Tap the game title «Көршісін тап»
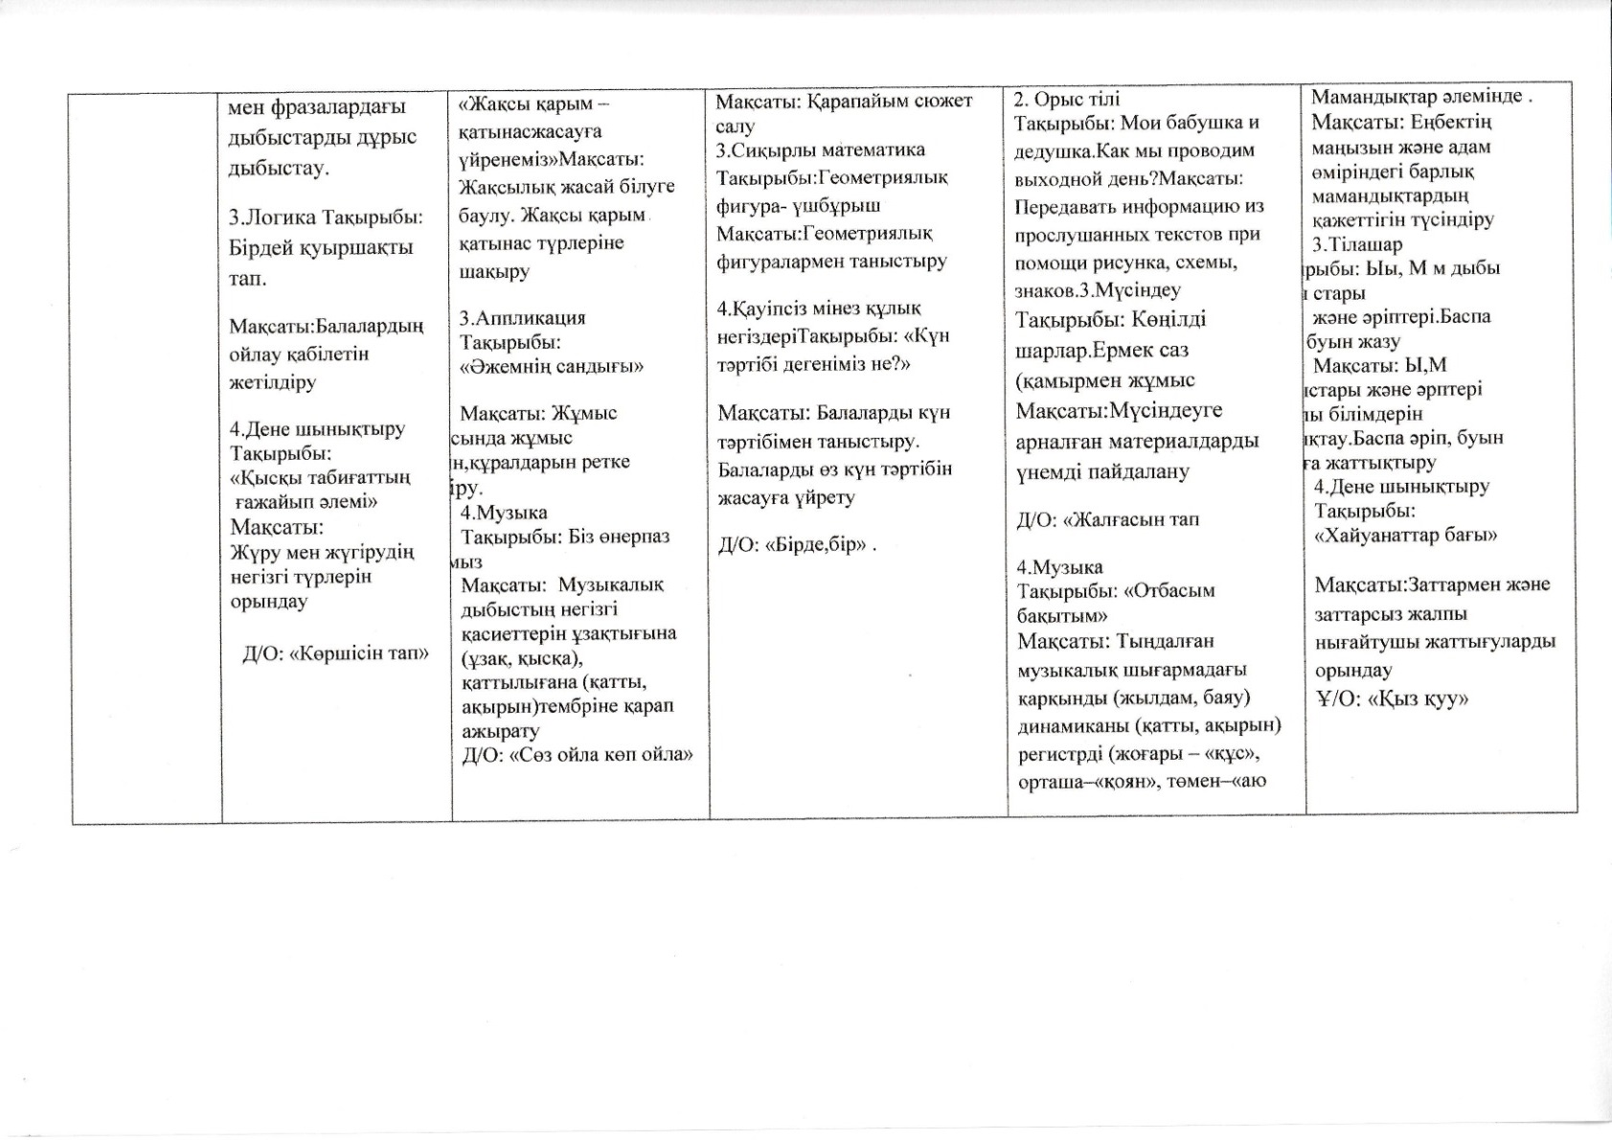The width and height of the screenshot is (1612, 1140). pos(358,654)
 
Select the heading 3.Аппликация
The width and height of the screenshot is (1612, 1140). pos(523,318)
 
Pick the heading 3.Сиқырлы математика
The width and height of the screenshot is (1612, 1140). pos(821,150)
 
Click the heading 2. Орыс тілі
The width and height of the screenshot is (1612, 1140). pos(1066,99)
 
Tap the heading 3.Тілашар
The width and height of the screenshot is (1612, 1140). pos(1357,244)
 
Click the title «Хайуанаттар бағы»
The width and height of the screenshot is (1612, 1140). pos(1406,536)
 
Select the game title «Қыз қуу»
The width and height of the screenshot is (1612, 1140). pos(1419,699)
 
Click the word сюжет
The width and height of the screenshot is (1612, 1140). pos(942,101)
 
